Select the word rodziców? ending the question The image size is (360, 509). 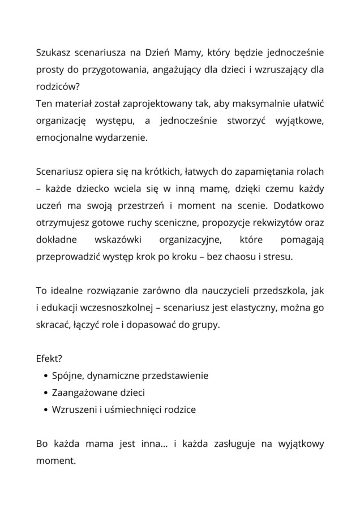(x=57, y=87)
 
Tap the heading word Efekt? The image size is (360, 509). (x=49, y=359)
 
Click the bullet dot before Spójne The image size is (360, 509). (x=45, y=376)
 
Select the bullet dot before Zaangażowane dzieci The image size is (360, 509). (x=45, y=392)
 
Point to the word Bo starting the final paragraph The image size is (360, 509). (x=42, y=444)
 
